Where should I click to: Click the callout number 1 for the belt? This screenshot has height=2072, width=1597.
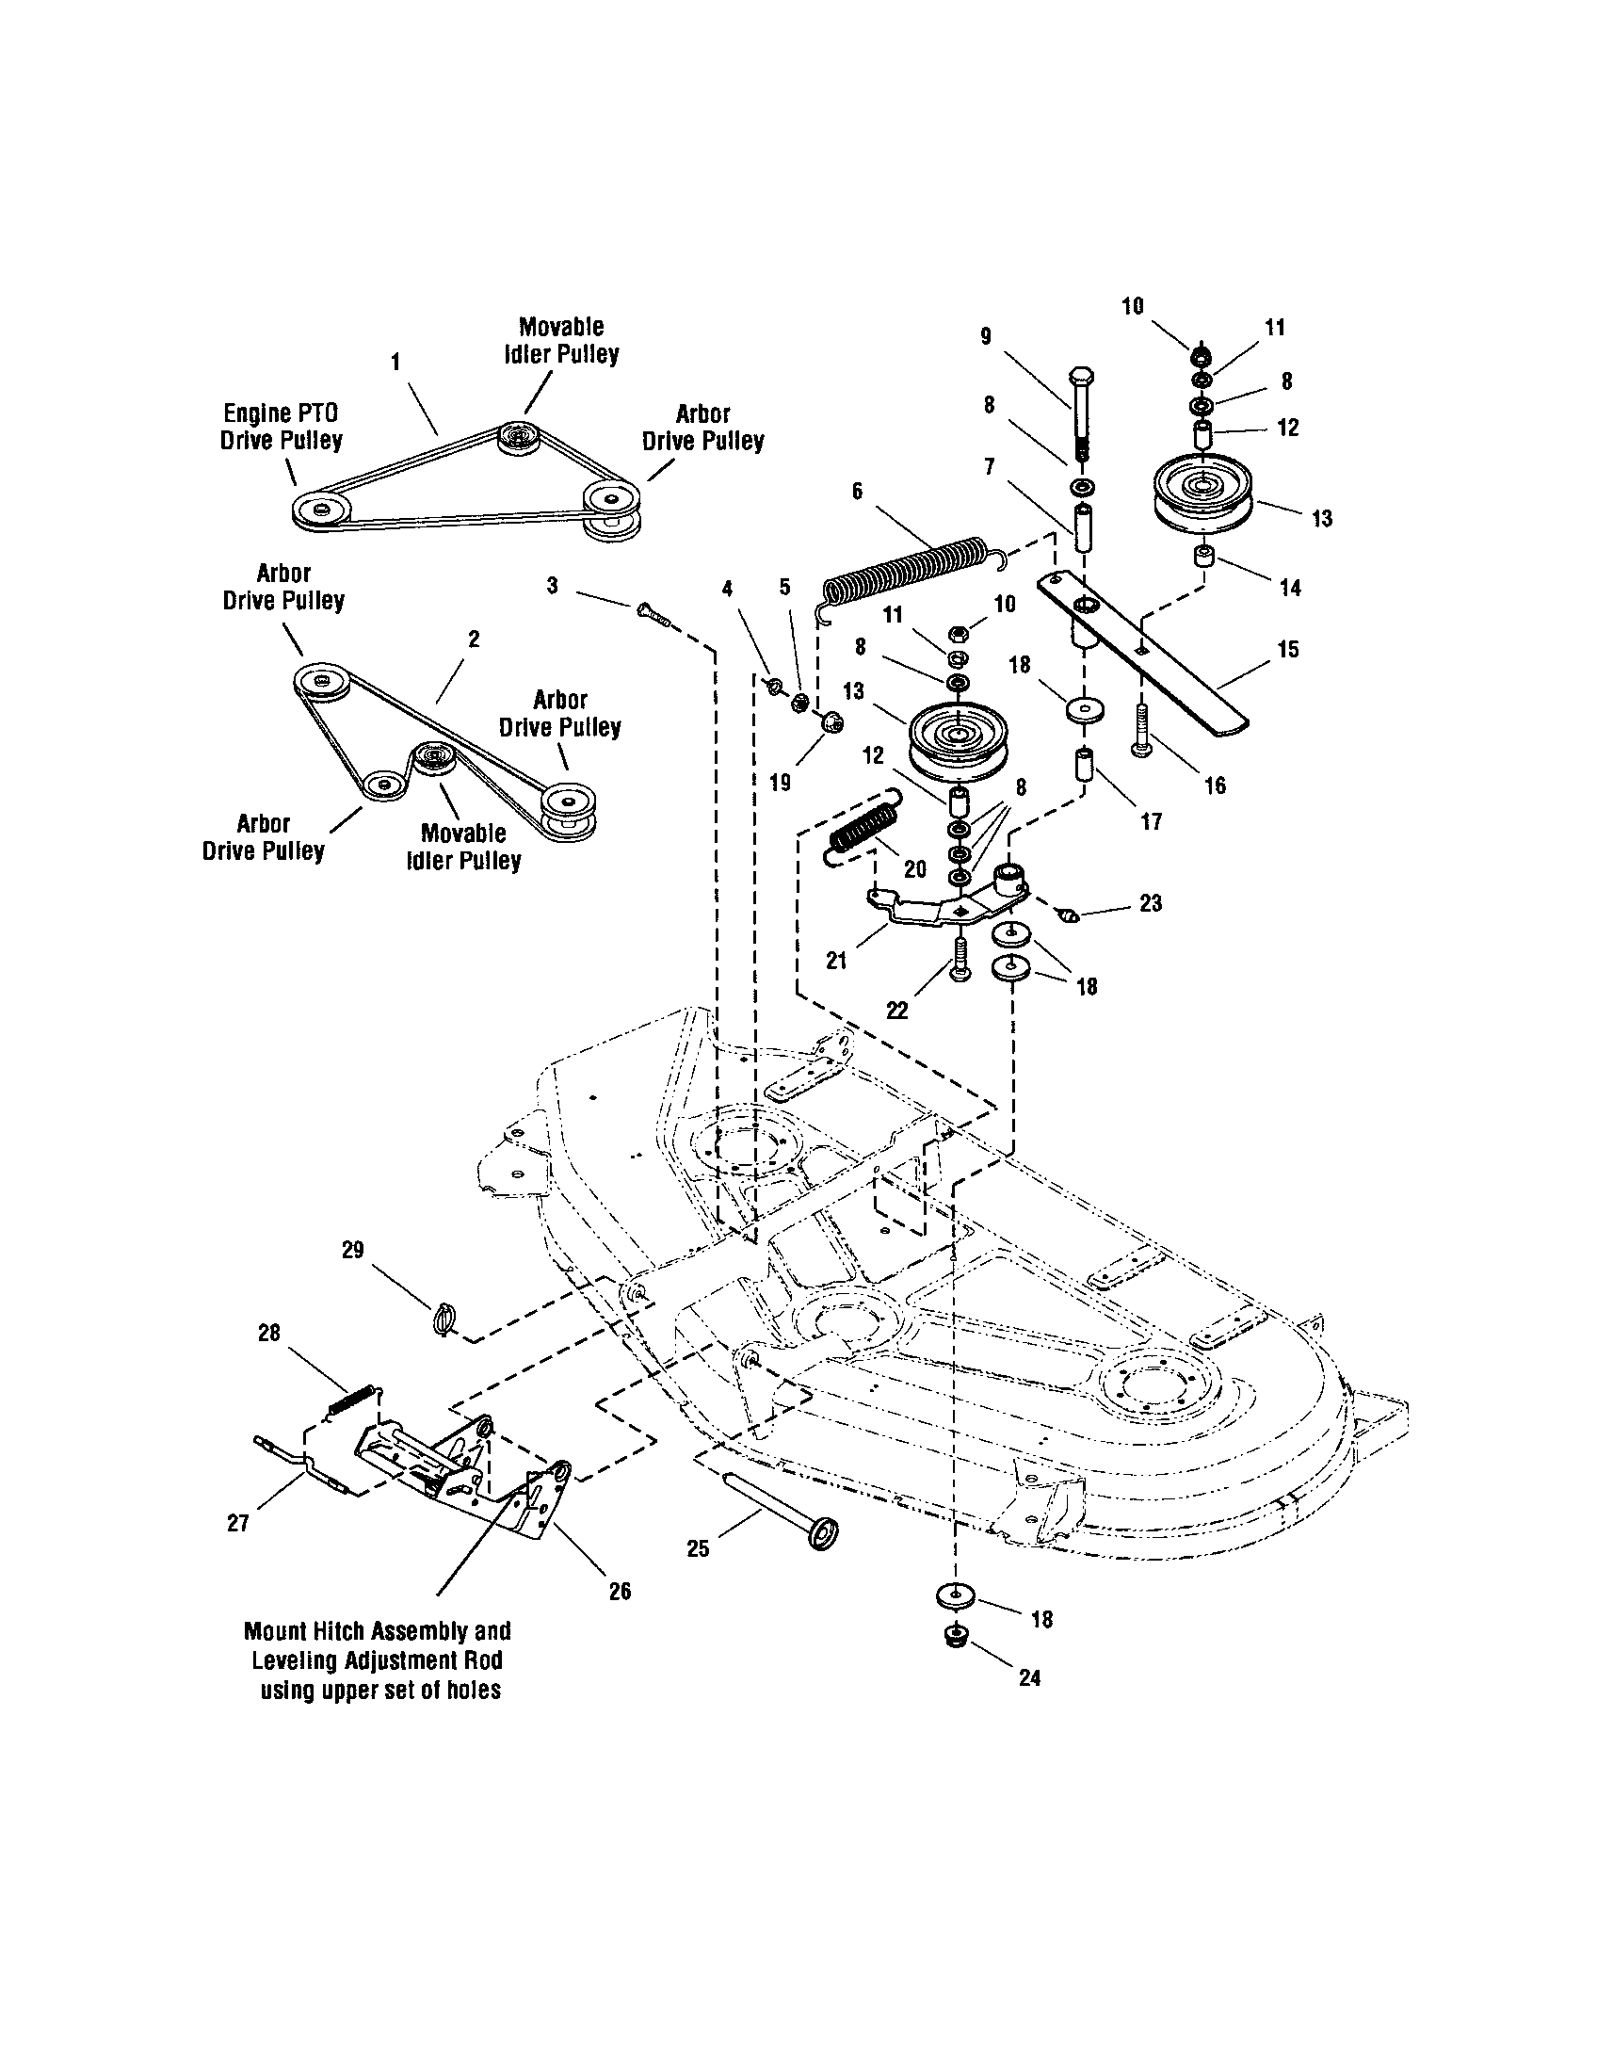tap(395, 362)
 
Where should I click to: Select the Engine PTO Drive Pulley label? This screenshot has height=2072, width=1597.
tap(281, 427)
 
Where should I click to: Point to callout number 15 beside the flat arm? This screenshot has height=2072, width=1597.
tap(1288, 650)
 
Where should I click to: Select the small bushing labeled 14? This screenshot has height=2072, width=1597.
tap(1205, 554)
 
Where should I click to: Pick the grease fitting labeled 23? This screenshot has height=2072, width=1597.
tap(1069, 915)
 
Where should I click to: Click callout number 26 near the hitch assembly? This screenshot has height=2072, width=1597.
tap(620, 1591)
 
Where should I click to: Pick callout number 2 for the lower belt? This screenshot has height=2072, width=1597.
tap(474, 639)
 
